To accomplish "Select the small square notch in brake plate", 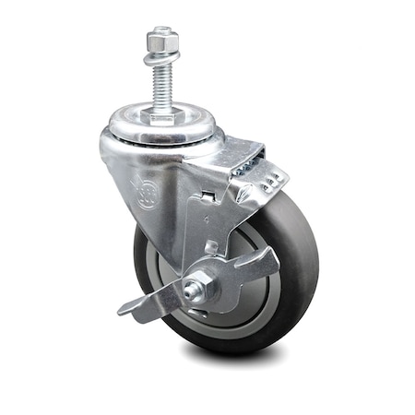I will pyautogui.click(x=211, y=247).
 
